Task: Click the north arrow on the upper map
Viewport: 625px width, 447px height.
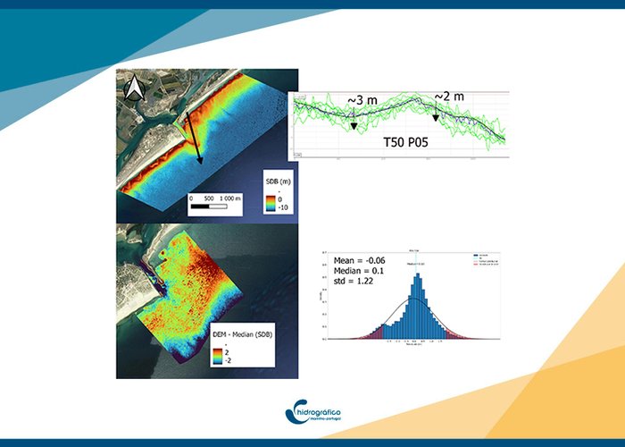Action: [x=134, y=87]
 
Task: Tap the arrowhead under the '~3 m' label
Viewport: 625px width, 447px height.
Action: [x=354, y=127]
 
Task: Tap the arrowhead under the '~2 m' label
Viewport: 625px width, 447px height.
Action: [x=436, y=117]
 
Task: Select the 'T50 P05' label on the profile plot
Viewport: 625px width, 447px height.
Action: [x=411, y=141]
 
